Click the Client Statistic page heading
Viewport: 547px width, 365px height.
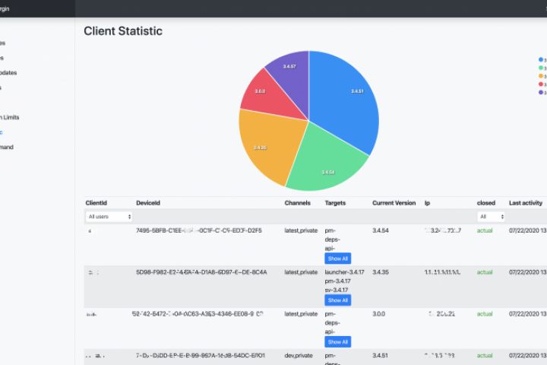123,31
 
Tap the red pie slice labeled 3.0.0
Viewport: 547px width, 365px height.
261,91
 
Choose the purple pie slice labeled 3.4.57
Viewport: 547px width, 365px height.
289,68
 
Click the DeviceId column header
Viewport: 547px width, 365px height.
148,203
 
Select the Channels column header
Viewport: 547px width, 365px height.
298,203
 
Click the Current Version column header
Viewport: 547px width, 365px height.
394,203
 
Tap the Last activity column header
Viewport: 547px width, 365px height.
526,203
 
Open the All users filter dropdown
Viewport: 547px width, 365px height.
109,217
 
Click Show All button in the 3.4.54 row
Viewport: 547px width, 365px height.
338,259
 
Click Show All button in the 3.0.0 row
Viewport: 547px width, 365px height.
338,341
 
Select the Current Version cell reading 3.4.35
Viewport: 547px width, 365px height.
383,271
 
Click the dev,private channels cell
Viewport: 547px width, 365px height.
300,355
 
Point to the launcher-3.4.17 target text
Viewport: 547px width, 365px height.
346,271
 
